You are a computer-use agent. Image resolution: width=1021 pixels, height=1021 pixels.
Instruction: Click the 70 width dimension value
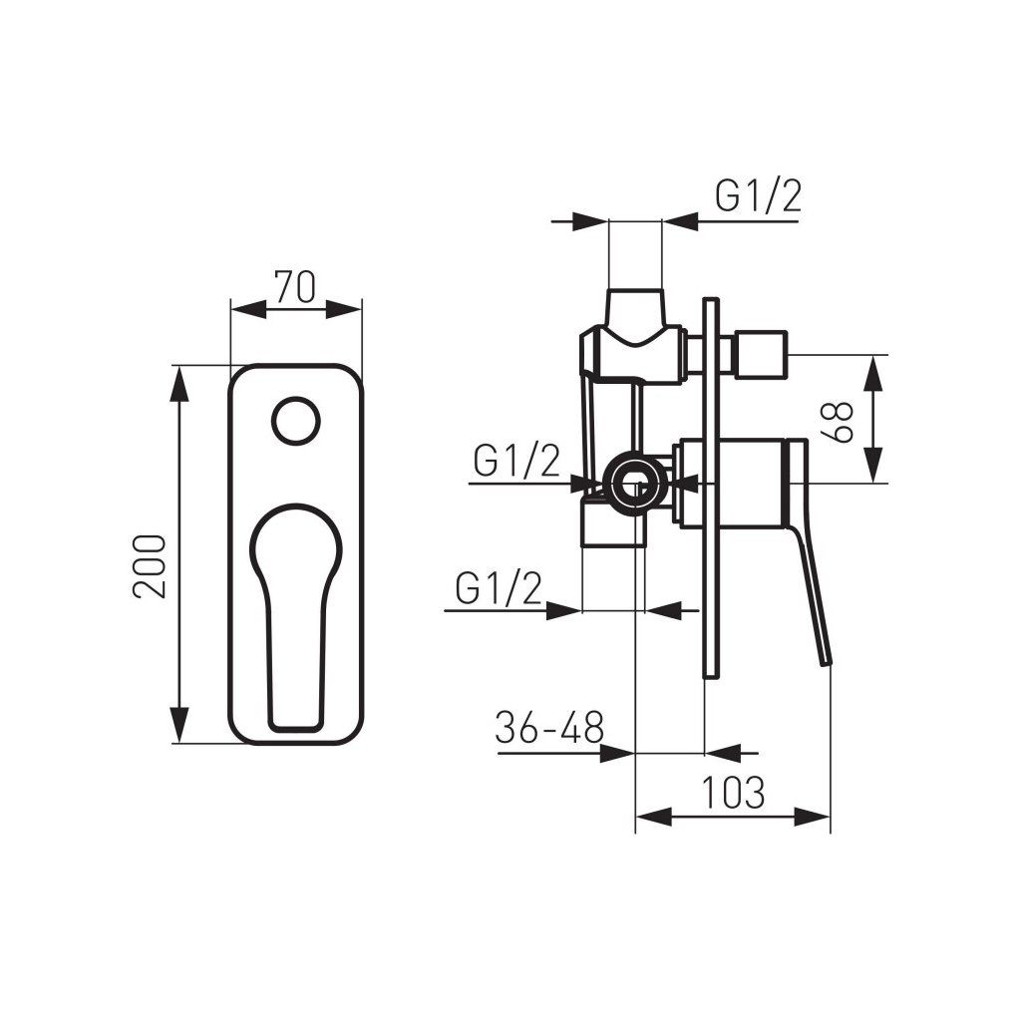pyautogui.click(x=294, y=288)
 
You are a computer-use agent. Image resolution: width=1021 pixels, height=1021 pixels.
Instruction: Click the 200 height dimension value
pyautogui.click(x=151, y=566)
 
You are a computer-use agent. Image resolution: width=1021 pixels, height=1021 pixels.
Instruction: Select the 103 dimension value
pyautogui.click(x=733, y=792)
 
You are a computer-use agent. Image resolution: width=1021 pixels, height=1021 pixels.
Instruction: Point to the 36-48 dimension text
pyautogui.click(x=549, y=727)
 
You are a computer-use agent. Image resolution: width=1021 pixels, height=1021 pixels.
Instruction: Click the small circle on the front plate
pyautogui.click(x=296, y=421)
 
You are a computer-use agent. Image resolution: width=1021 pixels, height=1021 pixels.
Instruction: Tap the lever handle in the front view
pyautogui.click(x=296, y=616)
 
